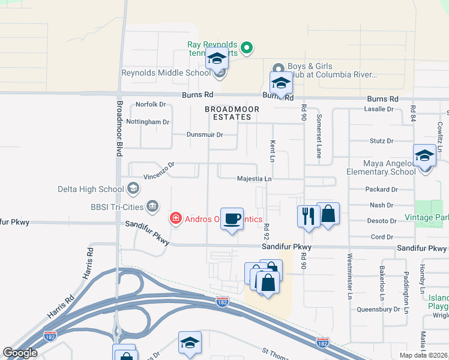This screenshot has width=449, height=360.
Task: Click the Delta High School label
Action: coord(90,189)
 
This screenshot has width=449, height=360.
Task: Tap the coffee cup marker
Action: coord(232,218)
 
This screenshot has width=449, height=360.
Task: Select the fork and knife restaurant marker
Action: coord(309,216)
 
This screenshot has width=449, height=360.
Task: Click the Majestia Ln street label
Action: coord(255,179)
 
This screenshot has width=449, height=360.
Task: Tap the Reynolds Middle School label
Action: coord(166,73)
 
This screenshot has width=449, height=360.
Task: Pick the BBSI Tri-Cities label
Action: coord(114,207)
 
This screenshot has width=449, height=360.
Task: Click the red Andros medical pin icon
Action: coord(176,218)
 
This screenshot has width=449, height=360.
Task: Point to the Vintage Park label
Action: coord(426,217)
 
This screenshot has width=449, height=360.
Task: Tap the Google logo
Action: coord(20,353)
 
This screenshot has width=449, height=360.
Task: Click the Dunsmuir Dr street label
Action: coord(205,135)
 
